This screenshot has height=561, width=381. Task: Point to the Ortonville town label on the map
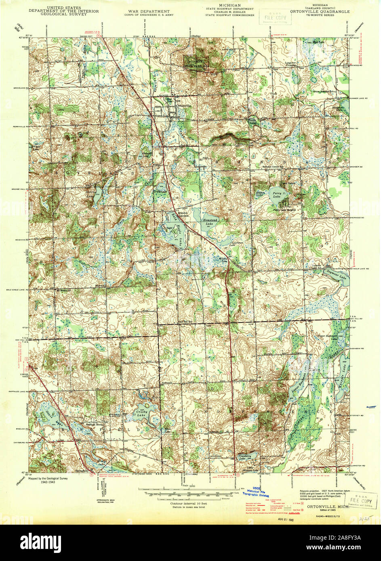pos(183,106)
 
